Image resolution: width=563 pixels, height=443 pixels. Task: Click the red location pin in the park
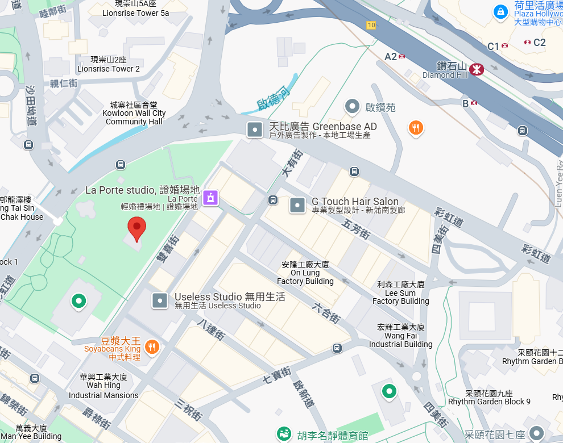(x=136, y=227)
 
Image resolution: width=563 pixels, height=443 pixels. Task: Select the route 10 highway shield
(x=371, y=25)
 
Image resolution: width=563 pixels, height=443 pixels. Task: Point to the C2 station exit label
(x=539, y=42)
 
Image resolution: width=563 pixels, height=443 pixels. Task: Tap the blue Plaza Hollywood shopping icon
(x=500, y=11)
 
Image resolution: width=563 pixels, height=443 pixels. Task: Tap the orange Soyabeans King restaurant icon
(x=151, y=346)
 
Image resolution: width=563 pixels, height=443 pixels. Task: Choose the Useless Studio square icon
(x=160, y=300)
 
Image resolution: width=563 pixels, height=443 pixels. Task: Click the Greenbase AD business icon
(x=254, y=129)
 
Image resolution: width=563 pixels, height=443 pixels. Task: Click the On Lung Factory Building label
(x=305, y=273)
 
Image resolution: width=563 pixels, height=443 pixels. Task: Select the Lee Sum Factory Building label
(x=400, y=292)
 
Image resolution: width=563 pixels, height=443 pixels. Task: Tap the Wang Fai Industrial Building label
(x=400, y=336)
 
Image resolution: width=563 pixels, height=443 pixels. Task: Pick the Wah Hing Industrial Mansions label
(x=104, y=386)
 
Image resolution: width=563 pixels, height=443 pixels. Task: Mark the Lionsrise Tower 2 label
(x=108, y=64)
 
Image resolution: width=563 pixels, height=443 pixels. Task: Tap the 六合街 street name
(x=326, y=313)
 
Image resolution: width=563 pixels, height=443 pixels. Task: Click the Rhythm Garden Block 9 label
(x=489, y=398)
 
